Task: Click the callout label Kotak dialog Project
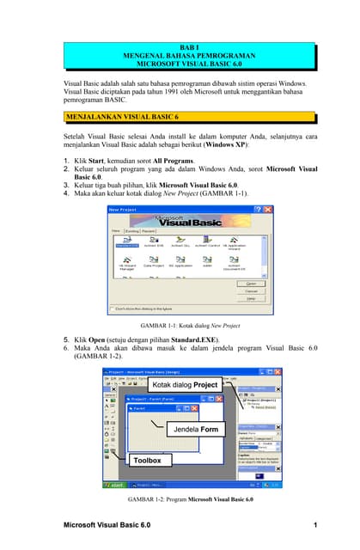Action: pyautogui.click(x=184, y=384)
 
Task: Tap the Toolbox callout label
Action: pyautogui.click(x=147, y=461)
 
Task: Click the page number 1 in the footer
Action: pyautogui.click(x=316, y=525)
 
